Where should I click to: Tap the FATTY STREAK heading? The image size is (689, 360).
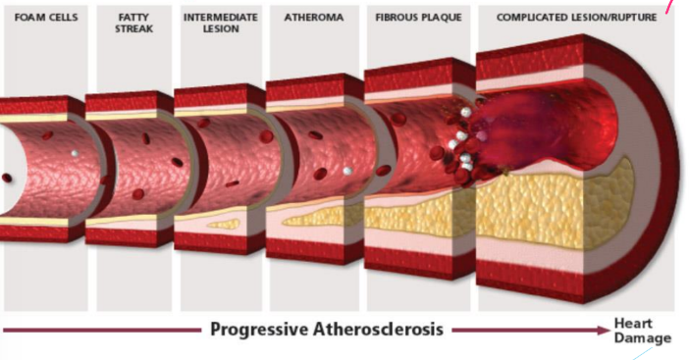pyautogui.click(x=128, y=24)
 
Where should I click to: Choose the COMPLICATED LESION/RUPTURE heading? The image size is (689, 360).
pyautogui.click(x=575, y=18)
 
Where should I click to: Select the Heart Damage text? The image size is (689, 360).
pyautogui.click(x=639, y=329)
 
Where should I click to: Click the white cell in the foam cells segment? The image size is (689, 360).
pyautogui.click(x=75, y=154)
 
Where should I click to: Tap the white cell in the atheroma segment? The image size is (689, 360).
pyautogui.click(x=346, y=171)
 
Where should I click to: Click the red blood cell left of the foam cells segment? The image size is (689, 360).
pyautogui.click(x=8, y=178)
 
